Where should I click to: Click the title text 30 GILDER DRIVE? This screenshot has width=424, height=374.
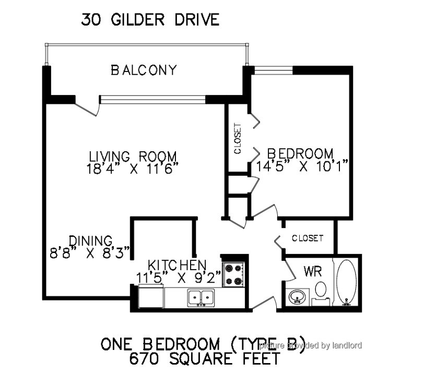click(x=150, y=20)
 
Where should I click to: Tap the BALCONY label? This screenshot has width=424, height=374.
click(x=144, y=70)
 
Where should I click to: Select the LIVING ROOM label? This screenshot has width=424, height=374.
click(x=133, y=156)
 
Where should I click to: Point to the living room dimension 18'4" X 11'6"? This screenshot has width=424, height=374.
click(x=133, y=169)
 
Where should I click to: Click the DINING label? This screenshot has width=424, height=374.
click(x=90, y=241)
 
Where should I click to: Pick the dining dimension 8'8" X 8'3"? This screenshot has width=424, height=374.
click(x=90, y=253)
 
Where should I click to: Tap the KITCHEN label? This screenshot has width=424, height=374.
click(x=177, y=265)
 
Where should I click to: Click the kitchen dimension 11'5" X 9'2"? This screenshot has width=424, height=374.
click(x=179, y=278)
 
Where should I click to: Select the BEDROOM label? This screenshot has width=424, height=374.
click(x=300, y=153)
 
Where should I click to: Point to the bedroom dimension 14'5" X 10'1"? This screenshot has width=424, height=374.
click(x=301, y=166)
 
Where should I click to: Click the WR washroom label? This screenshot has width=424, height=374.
click(x=313, y=271)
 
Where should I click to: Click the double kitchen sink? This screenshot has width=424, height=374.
click(x=201, y=297)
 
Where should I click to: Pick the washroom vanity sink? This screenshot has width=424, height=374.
click(x=297, y=297)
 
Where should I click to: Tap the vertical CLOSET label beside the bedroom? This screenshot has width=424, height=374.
click(x=238, y=139)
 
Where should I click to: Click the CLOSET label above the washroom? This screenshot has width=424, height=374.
click(x=308, y=238)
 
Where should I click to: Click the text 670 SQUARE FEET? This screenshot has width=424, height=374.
click(x=205, y=358)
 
